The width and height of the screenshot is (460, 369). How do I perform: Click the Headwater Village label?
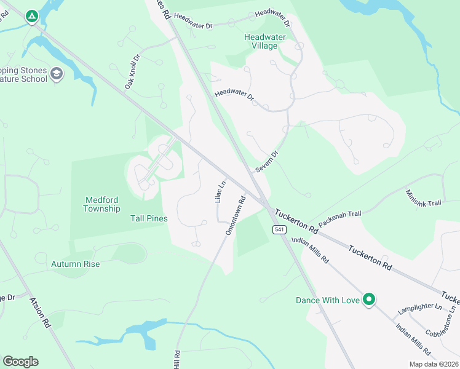coord(264,41)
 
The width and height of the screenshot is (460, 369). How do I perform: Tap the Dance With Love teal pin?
coord(369,300)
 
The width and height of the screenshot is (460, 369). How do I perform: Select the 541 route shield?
coord(280,229)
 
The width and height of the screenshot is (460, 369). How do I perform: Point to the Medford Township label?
coord(101,204)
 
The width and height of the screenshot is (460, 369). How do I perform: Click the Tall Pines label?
coord(149,218)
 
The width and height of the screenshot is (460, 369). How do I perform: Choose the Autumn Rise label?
coord(75,264)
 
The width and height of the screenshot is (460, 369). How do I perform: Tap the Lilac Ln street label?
coord(220,191)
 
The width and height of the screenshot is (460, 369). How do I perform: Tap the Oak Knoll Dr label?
coord(133,71)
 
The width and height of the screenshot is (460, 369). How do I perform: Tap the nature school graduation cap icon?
coord(57,74)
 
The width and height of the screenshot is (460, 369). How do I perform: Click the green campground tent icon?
coord(31,17)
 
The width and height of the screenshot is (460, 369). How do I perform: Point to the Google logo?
coord(20,362)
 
